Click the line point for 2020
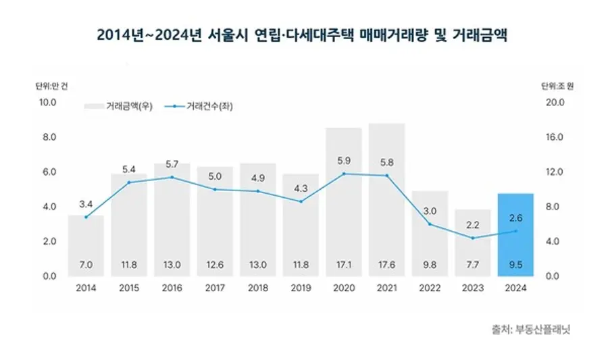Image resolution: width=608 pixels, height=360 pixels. click(x=344, y=174)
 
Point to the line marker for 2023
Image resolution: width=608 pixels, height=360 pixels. click(x=472, y=238)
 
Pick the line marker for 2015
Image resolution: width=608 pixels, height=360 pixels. click(x=128, y=182)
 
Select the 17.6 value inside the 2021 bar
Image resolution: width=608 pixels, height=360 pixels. click(x=387, y=265)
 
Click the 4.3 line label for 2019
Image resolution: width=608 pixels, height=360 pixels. click(x=301, y=188)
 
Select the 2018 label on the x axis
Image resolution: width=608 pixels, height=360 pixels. click(x=257, y=288)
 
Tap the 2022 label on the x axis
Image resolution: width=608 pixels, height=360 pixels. click(x=429, y=288)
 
